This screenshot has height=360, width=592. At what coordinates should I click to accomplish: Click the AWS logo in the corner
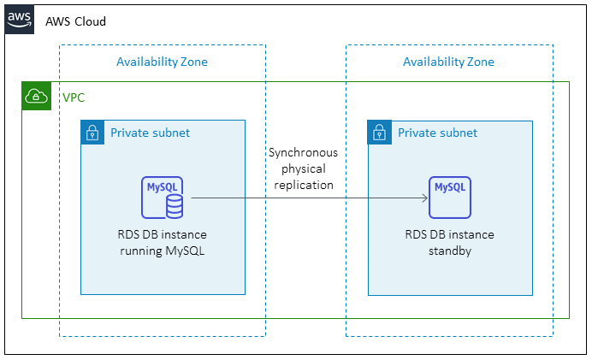(20, 19)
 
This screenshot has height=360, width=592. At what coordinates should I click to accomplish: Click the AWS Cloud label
(76, 21)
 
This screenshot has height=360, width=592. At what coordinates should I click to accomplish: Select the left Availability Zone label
(162, 62)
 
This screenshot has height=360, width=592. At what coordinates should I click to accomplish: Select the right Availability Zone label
(448, 62)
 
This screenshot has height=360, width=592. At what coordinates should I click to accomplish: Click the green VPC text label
(74, 97)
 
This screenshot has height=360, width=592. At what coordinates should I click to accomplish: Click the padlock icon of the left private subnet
(92, 133)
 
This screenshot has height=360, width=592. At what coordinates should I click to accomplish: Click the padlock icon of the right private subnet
(379, 133)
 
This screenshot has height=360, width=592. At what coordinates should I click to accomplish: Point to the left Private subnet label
(150, 133)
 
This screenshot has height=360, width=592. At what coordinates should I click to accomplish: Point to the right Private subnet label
(437, 133)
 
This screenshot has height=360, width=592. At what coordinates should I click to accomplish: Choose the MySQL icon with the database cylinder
(163, 198)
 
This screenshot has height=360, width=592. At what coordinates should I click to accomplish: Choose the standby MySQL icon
(450, 198)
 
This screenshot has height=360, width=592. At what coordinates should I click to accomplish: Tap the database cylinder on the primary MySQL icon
(174, 205)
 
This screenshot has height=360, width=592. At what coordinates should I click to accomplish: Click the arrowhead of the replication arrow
(424, 198)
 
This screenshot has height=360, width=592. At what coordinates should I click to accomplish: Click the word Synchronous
(303, 153)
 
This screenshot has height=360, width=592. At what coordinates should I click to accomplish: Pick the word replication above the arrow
(303, 184)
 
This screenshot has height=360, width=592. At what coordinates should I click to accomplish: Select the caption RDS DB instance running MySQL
(163, 242)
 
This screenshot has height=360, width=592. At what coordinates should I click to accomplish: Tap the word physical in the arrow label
(303, 168)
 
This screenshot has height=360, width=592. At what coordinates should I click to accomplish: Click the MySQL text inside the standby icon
(450, 187)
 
